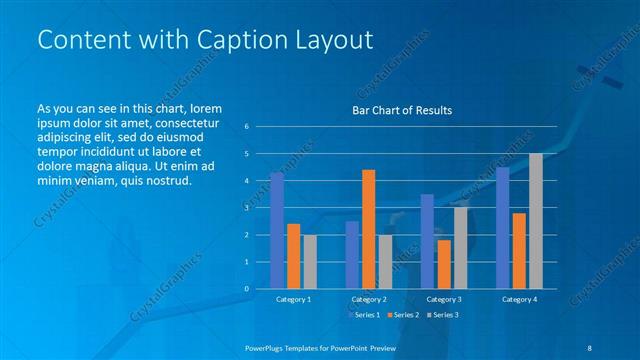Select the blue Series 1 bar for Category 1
(x=277, y=231)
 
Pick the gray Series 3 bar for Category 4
(x=535, y=221)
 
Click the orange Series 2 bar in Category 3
(x=443, y=264)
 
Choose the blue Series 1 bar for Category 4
(x=502, y=228)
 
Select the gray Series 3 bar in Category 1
(x=309, y=262)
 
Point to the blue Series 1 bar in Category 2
(x=352, y=255)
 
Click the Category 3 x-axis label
(x=443, y=299)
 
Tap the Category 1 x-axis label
(x=293, y=299)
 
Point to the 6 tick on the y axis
(x=246, y=127)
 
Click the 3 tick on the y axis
(x=246, y=208)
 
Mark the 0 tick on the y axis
(x=246, y=289)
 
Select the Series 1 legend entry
(x=366, y=315)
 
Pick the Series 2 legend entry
(x=403, y=315)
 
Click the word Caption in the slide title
(x=216, y=40)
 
